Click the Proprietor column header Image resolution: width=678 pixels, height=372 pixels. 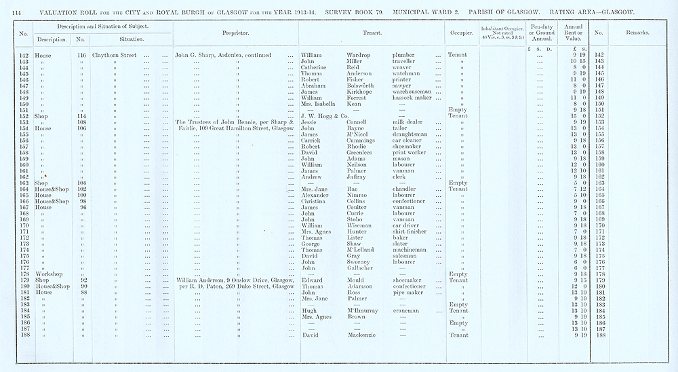coord(236,33)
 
